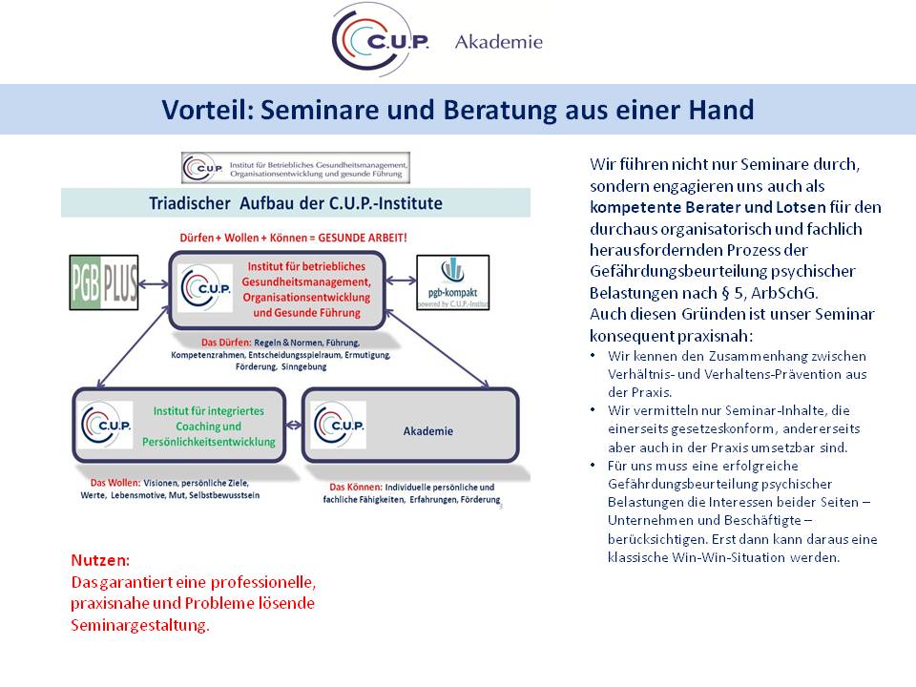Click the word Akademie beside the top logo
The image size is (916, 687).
pyautogui.click(x=498, y=42)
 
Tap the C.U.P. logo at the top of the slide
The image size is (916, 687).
pyautogui.click(x=380, y=40)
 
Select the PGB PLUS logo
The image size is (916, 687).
pyautogui.click(x=104, y=283)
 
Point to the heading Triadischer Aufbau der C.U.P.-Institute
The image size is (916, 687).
pyautogui.click(x=296, y=203)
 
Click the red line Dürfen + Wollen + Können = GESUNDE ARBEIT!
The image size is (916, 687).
pyautogui.click(x=294, y=238)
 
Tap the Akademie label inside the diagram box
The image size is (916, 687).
pyautogui.click(x=427, y=431)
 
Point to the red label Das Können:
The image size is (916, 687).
pyautogui.click(x=357, y=487)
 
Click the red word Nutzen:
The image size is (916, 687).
pyautogui.click(x=100, y=560)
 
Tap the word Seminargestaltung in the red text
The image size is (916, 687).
pyautogui.click(x=139, y=625)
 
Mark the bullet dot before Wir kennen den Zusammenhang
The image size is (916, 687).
pyautogui.click(x=595, y=356)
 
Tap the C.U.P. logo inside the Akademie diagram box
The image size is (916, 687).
pyautogui.click(x=337, y=425)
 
